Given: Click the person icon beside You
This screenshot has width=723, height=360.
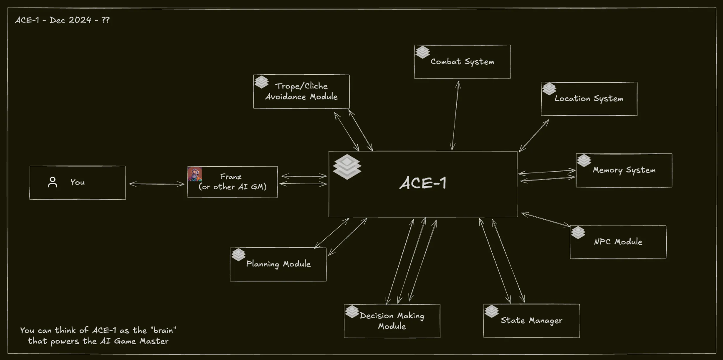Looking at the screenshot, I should coord(53,182).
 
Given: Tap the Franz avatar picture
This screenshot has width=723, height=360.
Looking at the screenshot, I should coord(195,174).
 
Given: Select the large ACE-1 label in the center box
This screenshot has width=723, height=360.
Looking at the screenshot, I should coord(423,183).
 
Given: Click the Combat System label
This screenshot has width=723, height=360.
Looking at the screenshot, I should coord(462,62).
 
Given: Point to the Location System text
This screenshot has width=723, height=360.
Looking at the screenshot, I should coord(589,99).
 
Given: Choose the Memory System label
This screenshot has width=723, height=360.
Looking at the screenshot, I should coord(624,170).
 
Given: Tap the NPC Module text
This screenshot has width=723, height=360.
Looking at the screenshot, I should coord(618,242).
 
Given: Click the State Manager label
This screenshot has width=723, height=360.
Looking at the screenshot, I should coord(531,321).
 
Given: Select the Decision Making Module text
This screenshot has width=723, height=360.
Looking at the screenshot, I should coord(392,321).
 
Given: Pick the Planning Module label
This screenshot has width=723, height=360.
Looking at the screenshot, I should coord(278,264).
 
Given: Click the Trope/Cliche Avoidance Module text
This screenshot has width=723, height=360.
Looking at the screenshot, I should coord(301,91).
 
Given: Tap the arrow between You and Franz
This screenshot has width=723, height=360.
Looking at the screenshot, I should coord(157,184).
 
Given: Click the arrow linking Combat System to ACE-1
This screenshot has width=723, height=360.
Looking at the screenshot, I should coord(455,115).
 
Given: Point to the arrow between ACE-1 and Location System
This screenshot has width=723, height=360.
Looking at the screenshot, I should coord(534,135).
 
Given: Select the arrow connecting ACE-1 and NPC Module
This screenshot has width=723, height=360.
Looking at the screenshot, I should coord(546,220).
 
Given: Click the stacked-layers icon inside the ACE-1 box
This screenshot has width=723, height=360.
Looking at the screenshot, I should coord(347,167).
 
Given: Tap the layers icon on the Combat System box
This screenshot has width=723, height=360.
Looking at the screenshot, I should coord(422,52).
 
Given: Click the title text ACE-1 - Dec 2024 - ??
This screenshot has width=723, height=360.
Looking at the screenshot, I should coord(62,20).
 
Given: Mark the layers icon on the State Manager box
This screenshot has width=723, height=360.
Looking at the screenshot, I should coord(491,311).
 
